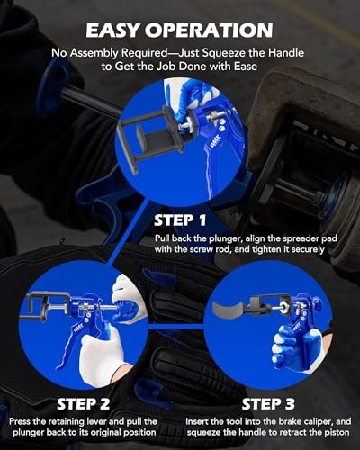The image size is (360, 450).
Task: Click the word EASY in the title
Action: click(x=115, y=30)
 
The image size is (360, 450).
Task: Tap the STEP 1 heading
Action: click(x=180, y=220)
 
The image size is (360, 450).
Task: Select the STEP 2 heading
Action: click(x=83, y=404)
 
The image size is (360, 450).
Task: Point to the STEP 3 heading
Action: click(x=268, y=404)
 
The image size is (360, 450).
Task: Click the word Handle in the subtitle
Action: click(x=286, y=53)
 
